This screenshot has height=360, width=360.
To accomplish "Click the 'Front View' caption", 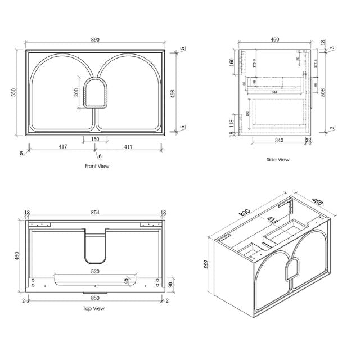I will point(97,166).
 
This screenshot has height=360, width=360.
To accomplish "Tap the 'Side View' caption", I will point(278,160).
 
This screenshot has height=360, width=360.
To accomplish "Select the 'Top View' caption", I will point(94,308).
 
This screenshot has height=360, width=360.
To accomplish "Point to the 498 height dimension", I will point(181,92).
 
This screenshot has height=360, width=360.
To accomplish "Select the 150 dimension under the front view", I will point(95,139).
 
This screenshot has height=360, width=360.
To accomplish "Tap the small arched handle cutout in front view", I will point(96,92).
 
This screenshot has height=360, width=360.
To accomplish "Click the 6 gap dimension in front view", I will point(100,155).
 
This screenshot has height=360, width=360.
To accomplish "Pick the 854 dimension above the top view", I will point(95,213).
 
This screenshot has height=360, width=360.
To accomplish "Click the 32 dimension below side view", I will point(308,141).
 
